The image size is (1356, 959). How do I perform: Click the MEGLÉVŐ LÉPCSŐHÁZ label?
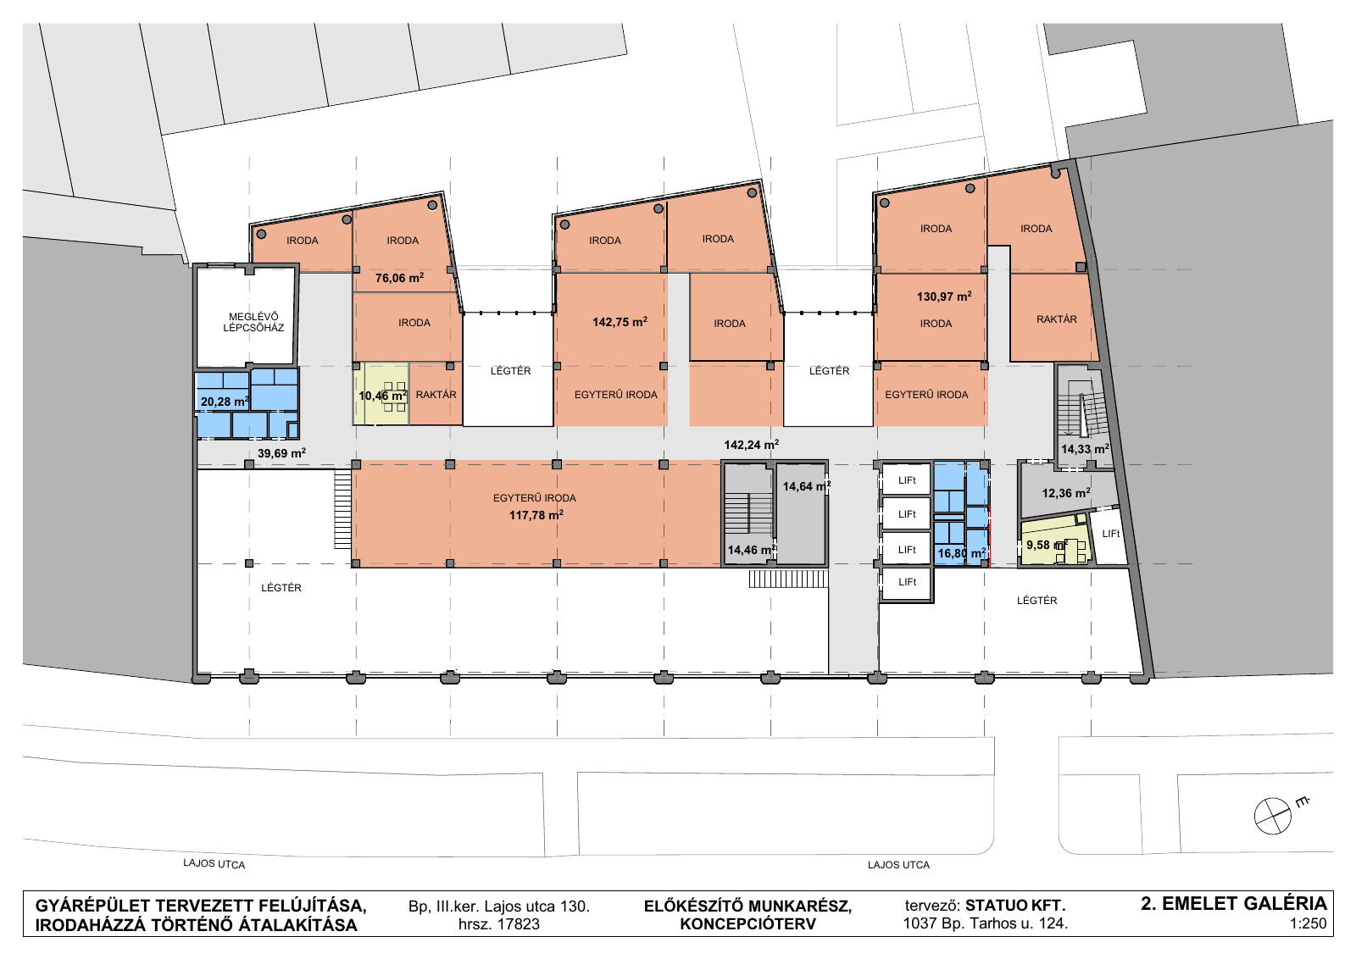pyautogui.click(x=253, y=322)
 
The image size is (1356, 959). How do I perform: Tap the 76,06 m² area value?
pyautogui.click(x=399, y=278)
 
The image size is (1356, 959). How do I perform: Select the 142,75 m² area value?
pyautogui.click(x=620, y=322)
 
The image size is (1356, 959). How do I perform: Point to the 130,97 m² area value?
pyautogui.click(x=944, y=297)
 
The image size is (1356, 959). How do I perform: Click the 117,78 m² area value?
pyautogui.click(x=536, y=515)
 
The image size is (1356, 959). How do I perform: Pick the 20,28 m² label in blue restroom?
pyautogui.click(x=225, y=402)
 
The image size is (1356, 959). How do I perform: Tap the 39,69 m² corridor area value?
pyautogui.click(x=281, y=452)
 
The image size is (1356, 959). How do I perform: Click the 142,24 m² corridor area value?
pyautogui.click(x=751, y=445)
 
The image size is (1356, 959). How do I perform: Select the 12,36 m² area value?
pyautogui.click(x=1066, y=493)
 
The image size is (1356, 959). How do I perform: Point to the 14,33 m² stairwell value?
pyautogui.click(x=1085, y=449)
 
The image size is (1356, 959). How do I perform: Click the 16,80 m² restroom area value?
pyautogui.click(x=961, y=553)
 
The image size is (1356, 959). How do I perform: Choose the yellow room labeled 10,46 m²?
pyautogui.click(x=381, y=393)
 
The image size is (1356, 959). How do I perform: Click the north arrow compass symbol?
pyautogui.click(x=1272, y=816)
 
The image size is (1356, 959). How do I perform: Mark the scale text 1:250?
pyautogui.click(x=1308, y=924)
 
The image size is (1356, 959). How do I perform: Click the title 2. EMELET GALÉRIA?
pyautogui.click(x=1234, y=903)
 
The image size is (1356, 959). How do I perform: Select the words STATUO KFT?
pyautogui.click(x=1015, y=906)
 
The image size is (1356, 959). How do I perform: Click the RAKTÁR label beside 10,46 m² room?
pyautogui.click(x=436, y=395)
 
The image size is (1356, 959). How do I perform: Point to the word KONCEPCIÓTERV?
pyautogui.click(x=747, y=924)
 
